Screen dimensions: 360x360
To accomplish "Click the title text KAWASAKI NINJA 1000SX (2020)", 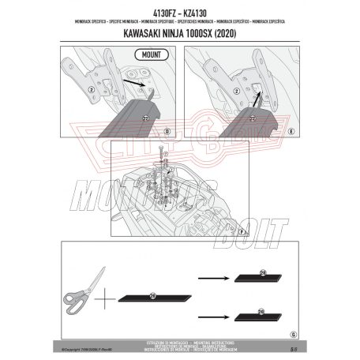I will point(180,35).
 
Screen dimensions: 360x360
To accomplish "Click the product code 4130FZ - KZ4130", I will point(180,13).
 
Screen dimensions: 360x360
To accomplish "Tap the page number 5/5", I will point(293,348).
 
